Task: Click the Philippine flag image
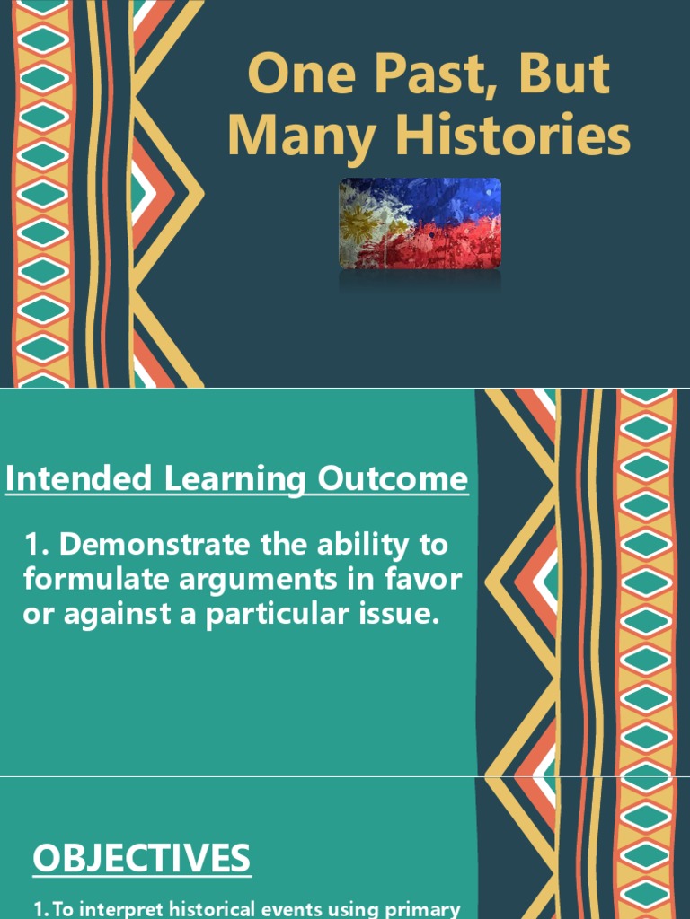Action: coord(420,223)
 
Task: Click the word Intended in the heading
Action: coord(78,479)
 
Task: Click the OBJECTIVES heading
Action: coord(142,859)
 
